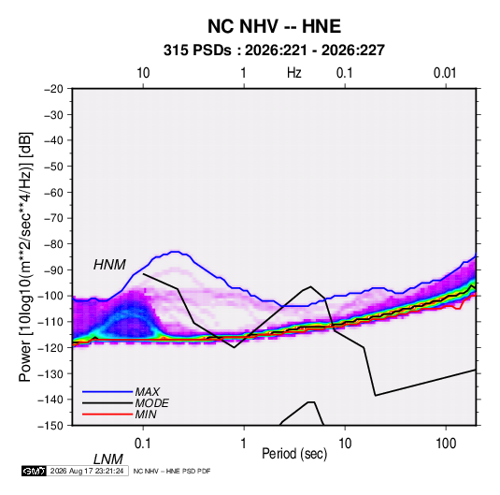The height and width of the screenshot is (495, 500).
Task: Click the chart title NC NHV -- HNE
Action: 274,26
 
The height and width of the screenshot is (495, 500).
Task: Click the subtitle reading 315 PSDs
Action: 197,51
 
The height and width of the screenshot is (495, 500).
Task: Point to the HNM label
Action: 109,265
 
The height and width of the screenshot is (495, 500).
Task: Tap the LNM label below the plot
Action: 107,459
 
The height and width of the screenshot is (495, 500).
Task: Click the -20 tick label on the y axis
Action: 53,89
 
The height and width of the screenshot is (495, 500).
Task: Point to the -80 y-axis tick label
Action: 53,244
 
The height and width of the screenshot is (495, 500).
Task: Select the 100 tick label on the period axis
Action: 446,444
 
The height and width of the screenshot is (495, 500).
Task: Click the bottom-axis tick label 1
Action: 244,444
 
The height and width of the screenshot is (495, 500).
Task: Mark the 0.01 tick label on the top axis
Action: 445,73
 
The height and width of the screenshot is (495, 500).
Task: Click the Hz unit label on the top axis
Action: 294,73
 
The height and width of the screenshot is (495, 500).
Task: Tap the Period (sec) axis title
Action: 294,454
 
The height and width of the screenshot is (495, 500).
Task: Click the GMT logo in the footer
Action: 34,471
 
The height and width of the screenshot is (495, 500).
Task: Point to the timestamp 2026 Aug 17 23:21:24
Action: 87,471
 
